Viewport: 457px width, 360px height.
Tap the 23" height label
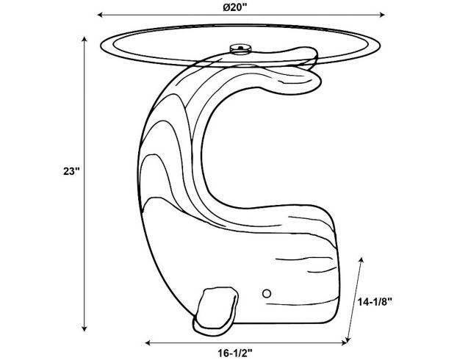[x=71, y=171]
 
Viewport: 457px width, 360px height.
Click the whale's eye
[x=266, y=292]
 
